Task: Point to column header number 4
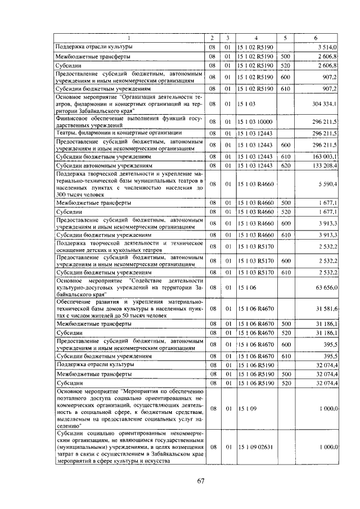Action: coord(255,38)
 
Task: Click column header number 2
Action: coord(211,38)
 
